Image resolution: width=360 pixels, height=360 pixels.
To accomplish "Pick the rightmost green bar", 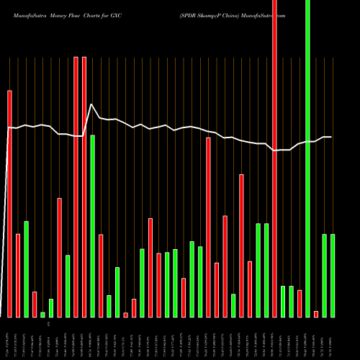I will pos(333,276).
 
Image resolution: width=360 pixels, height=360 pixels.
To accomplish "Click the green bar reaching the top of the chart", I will pos(308,158).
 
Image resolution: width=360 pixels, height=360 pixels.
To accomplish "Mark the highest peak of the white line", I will pos(91,104).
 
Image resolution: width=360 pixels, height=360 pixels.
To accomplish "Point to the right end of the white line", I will pos(330,137).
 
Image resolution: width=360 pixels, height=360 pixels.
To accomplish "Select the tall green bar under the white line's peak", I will pos(93,226).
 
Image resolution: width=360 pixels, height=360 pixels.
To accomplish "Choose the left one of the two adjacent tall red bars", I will pos(76,187).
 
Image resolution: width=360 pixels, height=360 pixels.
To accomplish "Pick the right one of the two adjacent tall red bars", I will pos(84,187).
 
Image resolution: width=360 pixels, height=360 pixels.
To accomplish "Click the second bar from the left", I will pos(18,276).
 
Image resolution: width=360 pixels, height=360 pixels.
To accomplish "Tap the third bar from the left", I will pos(26,269).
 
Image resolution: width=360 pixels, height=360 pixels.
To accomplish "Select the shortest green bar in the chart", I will pos(42,315).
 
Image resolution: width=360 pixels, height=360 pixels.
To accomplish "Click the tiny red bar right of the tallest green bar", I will pos(316,314).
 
